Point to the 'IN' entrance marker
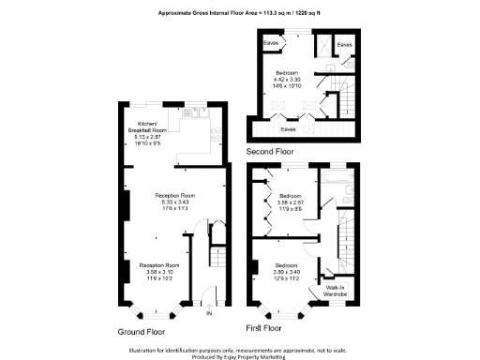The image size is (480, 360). [x=196, y=312]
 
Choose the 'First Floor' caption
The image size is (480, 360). [x=263, y=329]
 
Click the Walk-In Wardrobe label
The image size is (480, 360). [x=335, y=292]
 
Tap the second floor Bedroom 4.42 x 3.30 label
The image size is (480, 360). [x=287, y=80]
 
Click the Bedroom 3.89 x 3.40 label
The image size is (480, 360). [x=287, y=272]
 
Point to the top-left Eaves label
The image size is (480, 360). [x=271, y=43]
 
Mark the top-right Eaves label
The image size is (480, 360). [x=345, y=44]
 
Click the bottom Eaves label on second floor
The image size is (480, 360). [x=290, y=129]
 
